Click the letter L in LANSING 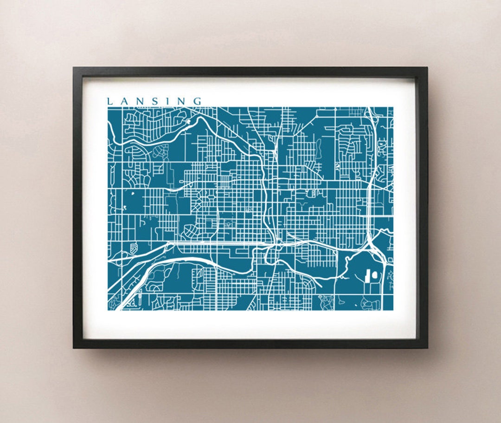pyautogui.click(x=110, y=101)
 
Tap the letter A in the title pyautogui.click(x=123, y=101)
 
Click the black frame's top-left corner pyautogui.click(x=74, y=68)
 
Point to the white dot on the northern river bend pyautogui.click(x=189, y=122)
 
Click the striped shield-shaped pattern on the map pyautogui.click(x=134, y=247)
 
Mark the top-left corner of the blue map pyautogui.click(x=108, y=108)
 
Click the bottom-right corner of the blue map pyautogui.click(x=393, y=310)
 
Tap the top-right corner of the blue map pyautogui.click(x=393, y=108)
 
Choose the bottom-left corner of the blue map pyautogui.click(x=108, y=310)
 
